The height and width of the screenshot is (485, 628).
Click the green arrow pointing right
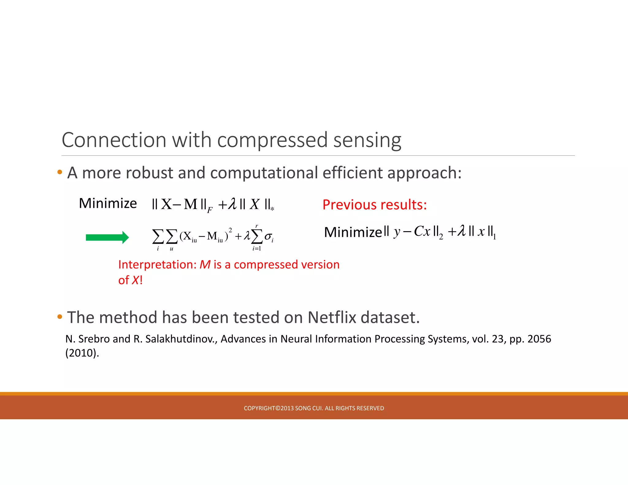coord(107,237)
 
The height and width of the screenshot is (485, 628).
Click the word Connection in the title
coord(114,140)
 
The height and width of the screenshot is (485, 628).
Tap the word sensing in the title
coord(367,140)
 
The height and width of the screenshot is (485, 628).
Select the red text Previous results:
coord(374,204)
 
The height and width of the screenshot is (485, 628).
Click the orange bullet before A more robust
coord(60,172)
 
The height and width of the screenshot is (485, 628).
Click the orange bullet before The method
coord(60,316)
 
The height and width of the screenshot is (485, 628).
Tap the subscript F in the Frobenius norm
coord(210,210)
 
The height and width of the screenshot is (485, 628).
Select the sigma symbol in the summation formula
coord(268,236)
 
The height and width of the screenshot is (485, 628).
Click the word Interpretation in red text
coord(157,265)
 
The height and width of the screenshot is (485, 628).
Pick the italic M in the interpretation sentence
coord(205,265)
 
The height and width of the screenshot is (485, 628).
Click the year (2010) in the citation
coord(82,353)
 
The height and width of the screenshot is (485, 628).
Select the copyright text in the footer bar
coord(314,408)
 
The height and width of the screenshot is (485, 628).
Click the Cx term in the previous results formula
coord(422,231)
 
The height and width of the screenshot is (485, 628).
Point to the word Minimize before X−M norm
coord(108,203)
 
